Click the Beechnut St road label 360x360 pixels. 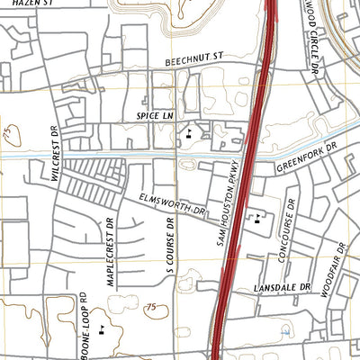point(193,59)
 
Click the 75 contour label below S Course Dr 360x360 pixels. point(151,308)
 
